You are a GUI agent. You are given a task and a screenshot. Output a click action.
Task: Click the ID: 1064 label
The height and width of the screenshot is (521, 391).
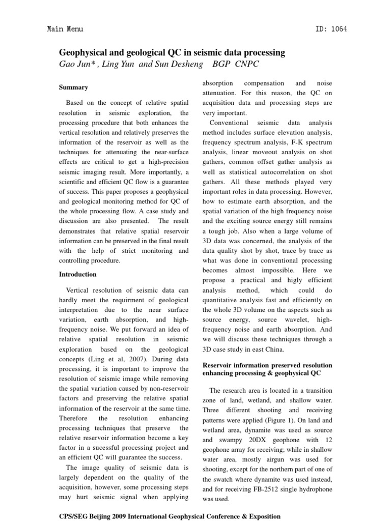tap(330, 29)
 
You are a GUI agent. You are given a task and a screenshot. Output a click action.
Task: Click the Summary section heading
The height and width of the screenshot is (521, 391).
tap(73, 88)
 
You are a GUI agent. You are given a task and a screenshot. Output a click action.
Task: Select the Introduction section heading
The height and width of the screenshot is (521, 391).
tap(77, 274)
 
